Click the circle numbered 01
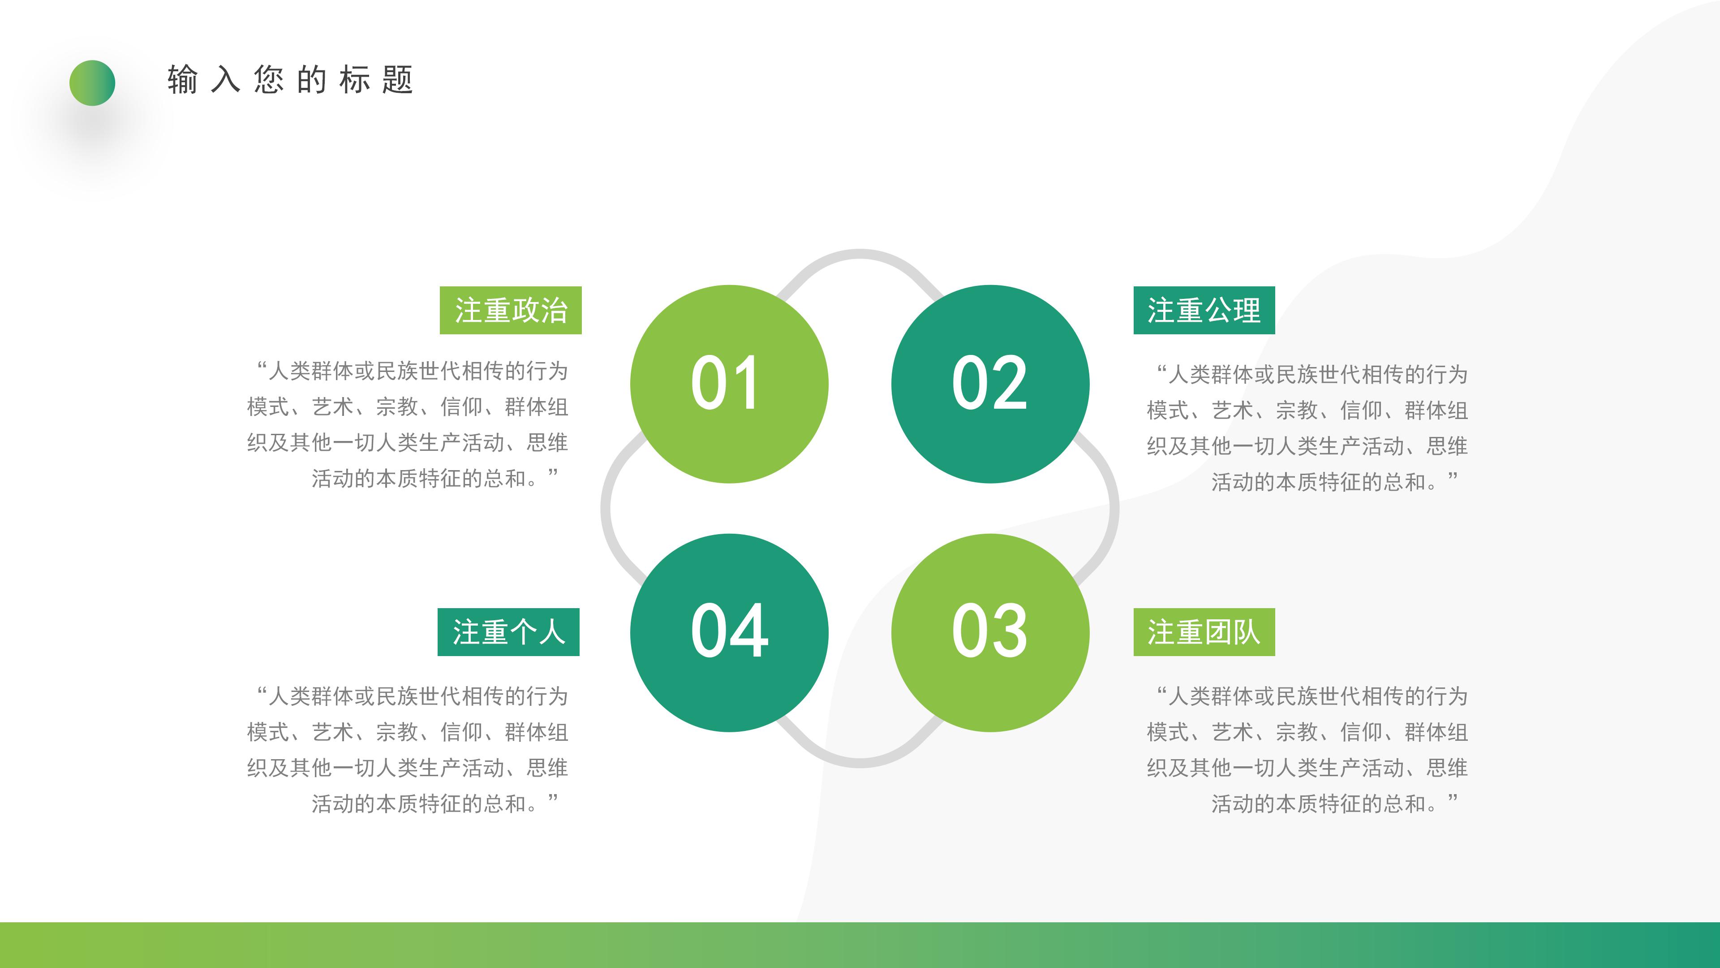(x=729, y=384)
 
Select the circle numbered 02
(x=990, y=384)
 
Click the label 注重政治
(x=511, y=311)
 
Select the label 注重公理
(x=1204, y=311)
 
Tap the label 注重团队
(x=1204, y=632)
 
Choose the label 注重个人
(x=508, y=632)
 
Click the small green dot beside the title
(x=92, y=83)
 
